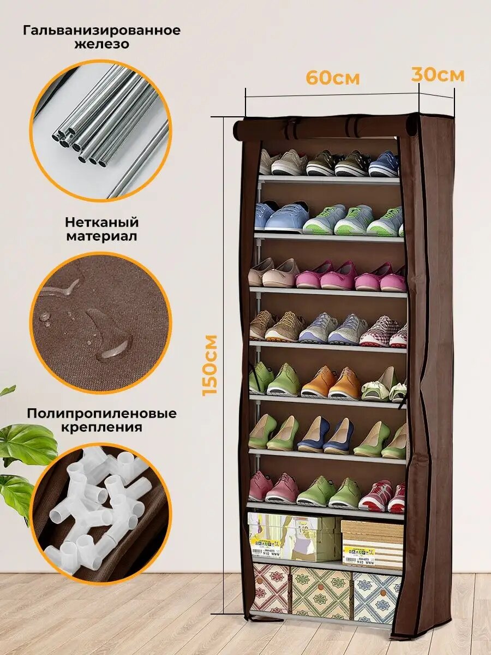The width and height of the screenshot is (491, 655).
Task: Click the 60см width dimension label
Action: [x=332, y=78]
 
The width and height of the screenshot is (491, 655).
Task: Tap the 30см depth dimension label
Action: [x=438, y=75]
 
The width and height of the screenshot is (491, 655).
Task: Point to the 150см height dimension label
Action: [x=210, y=365]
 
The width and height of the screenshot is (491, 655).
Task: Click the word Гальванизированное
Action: [x=101, y=30]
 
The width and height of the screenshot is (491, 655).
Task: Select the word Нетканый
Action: [x=102, y=223]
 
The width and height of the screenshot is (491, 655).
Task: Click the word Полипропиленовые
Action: [x=102, y=413]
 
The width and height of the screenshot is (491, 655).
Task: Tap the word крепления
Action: [x=102, y=427]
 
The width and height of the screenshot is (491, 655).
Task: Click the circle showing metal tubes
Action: [x=101, y=129]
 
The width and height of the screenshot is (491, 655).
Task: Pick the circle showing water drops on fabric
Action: [x=101, y=322]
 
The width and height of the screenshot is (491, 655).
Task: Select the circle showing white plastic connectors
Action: [x=101, y=513]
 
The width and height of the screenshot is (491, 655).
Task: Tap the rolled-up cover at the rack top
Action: [x=325, y=128]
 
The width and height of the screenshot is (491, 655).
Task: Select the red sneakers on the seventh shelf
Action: [x=382, y=496]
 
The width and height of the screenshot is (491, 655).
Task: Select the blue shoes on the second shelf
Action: [x=281, y=217]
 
